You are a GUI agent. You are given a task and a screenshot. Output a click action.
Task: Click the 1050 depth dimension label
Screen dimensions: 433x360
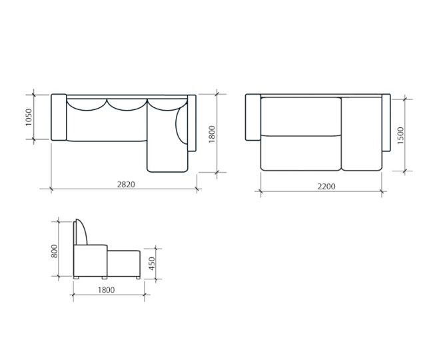(x=29, y=117)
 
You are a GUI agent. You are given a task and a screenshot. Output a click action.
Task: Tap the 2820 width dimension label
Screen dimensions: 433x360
(x=126, y=184)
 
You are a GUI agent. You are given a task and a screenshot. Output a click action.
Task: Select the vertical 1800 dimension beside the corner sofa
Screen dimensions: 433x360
(x=212, y=134)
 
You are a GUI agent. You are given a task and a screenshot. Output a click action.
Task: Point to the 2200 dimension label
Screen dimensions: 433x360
(x=326, y=187)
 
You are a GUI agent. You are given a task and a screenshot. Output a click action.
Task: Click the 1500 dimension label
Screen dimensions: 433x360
(x=400, y=135)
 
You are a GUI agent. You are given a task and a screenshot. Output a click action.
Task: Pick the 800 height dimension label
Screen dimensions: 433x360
(x=55, y=251)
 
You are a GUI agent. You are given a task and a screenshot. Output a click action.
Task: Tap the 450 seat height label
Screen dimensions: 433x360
(x=152, y=263)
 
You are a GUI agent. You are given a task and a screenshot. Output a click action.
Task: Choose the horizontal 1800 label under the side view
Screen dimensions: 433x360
(x=106, y=290)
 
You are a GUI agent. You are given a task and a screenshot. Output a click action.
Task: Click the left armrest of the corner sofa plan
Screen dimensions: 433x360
(x=59, y=117)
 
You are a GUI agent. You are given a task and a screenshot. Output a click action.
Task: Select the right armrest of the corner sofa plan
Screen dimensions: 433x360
(x=192, y=123)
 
